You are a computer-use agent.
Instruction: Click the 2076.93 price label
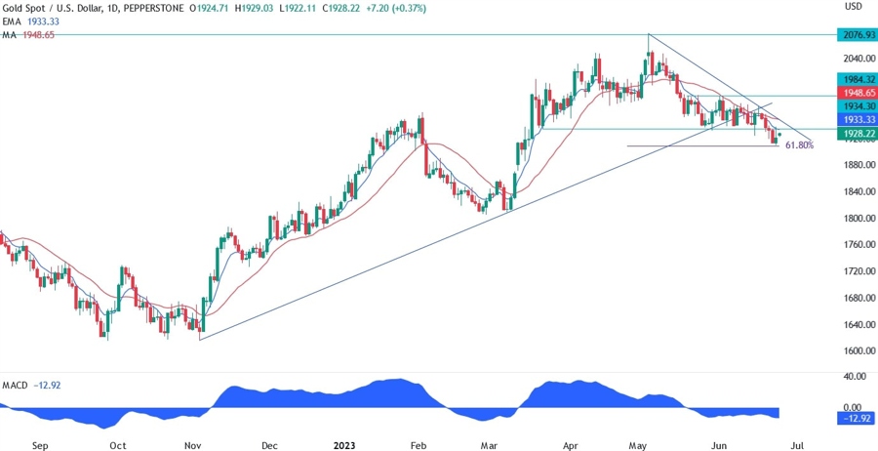[x=853, y=34]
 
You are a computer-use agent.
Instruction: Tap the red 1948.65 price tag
[x=853, y=92]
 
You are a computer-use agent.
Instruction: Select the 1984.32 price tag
[x=853, y=78]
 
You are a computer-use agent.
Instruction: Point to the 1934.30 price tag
[x=853, y=105]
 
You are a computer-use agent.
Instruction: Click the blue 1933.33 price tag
[x=853, y=118]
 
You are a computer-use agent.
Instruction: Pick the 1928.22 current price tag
[x=853, y=131]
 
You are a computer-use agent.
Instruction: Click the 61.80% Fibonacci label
[x=799, y=145]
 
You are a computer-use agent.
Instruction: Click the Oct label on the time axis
[x=117, y=445]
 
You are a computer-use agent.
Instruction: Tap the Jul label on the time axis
[x=796, y=445]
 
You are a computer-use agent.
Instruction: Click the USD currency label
[x=854, y=7]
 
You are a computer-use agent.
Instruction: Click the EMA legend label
[x=13, y=21]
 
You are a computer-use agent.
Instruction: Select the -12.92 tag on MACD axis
[x=853, y=419]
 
